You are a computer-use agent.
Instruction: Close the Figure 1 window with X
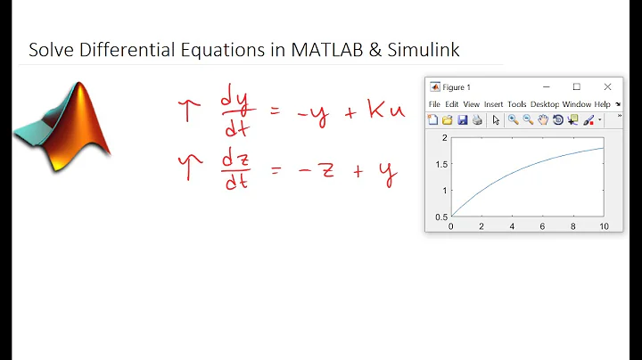pyautogui.click(x=607, y=86)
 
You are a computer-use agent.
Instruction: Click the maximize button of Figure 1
pyautogui.click(x=576, y=86)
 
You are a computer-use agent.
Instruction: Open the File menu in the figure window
pyautogui.click(x=434, y=104)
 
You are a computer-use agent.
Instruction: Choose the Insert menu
pyautogui.click(x=494, y=104)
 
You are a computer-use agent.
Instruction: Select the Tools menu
pyautogui.click(x=517, y=104)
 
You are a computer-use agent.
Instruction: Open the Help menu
pyautogui.click(x=603, y=104)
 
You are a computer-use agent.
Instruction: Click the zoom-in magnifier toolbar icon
pyautogui.click(x=514, y=119)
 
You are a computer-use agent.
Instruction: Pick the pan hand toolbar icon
pyautogui.click(x=542, y=119)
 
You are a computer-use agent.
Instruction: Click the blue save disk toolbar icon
pyautogui.click(x=462, y=119)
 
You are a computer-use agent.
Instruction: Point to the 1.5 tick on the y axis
pyautogui.click(x=440, y=163)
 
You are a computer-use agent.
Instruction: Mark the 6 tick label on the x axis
pyautogui.click(x=543, y=226)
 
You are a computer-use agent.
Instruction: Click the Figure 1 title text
pyautogui.click(x=457, y=87)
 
